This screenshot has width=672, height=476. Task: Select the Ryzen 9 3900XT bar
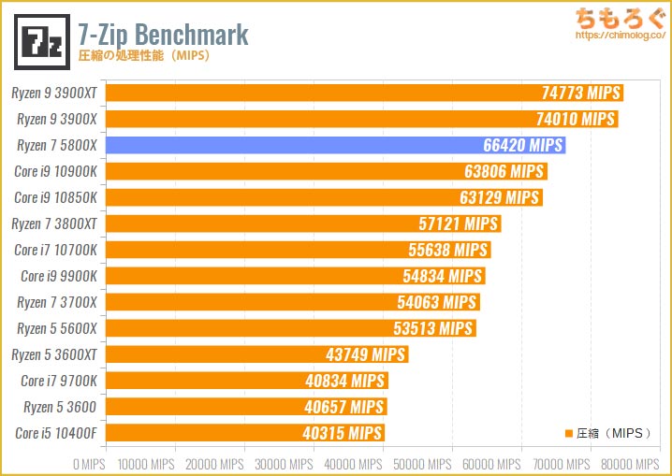click(x=364, y=93)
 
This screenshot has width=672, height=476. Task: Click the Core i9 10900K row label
click(x=55, y=171)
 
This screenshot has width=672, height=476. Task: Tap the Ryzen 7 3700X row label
click(x=57, y=302)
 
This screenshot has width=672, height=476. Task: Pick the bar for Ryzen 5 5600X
click(x=290, y=328)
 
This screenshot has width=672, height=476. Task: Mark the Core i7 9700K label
click(x=58, y=381)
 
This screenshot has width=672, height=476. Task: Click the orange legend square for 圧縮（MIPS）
click(x=567, y=433)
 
